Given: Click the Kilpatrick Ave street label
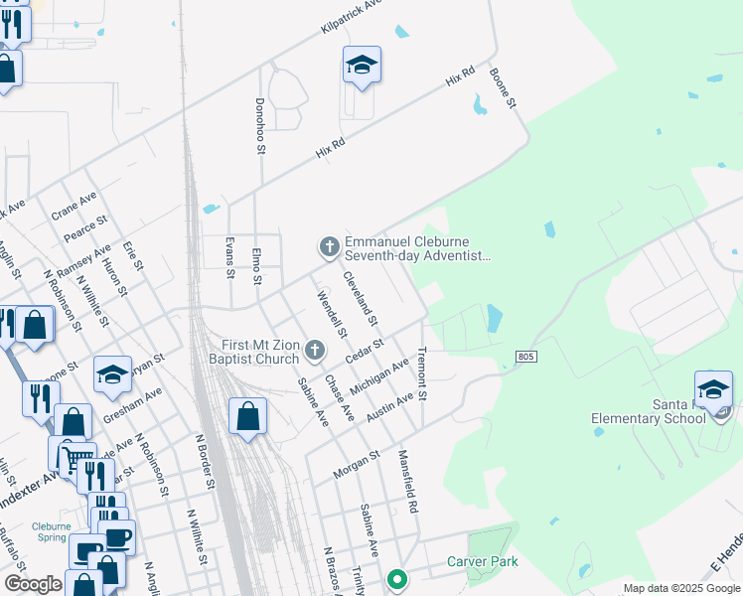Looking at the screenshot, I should point(352,19).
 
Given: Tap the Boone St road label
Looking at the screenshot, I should point(514,89).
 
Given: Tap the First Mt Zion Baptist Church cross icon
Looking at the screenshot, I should point(315,349).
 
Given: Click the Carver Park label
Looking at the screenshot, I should point(482,561).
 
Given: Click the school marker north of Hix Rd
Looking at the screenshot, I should point(363,67).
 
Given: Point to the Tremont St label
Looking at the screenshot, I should point(422,374).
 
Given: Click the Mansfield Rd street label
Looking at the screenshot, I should point(407,482).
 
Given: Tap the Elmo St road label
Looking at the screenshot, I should point(255,266).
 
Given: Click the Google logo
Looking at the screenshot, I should point(33,584).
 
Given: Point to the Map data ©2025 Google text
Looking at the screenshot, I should point(680,588).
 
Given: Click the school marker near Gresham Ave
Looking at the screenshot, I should point(113,375).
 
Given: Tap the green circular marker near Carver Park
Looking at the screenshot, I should point(397,578).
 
